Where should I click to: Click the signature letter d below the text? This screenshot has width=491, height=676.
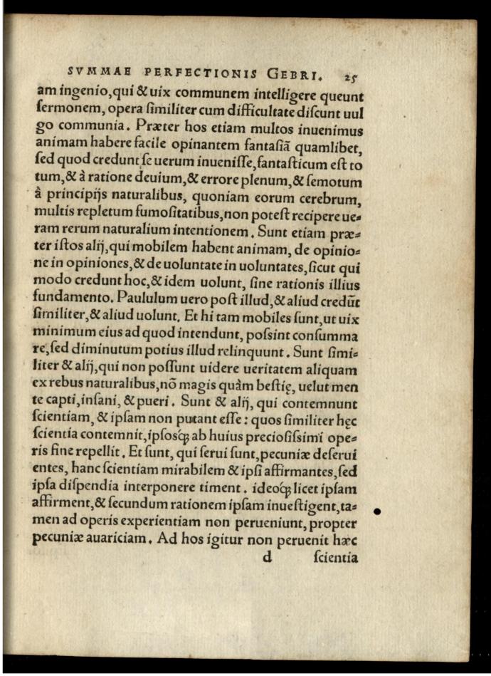tap(268, 557)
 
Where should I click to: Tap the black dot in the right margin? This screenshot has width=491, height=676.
tap(378, 511)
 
